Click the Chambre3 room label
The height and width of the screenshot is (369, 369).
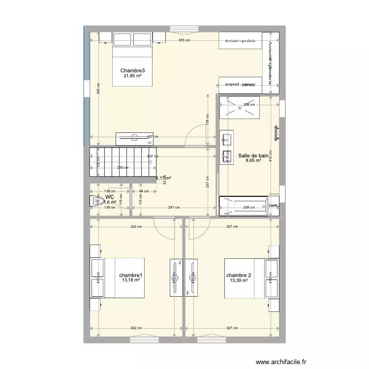pyautogui.click(x=132, y=71)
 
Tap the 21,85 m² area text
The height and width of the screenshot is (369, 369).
pyautogui.click(x=132, y=77)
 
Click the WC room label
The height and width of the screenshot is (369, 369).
pyautogui.click(x=110, y=196)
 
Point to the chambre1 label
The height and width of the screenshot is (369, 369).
pyautogui.click(x=130, y=276)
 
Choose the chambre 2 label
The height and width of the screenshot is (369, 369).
pyautogui.click(x=239, y=276)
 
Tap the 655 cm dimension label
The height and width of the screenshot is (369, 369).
pyautogui.click(x=184, y=40)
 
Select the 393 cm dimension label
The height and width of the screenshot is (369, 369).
pyautogui.click(x=98, y=89)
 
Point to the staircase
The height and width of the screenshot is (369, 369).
pyautogui.click(x=123, y=162)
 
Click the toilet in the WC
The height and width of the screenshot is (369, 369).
pyautogui.click(x=94, y=201)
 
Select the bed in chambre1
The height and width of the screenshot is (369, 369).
pyautogui.click(x=123, y=278)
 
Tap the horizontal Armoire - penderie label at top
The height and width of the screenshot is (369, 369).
pyautogui.click(x=240, y=41)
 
